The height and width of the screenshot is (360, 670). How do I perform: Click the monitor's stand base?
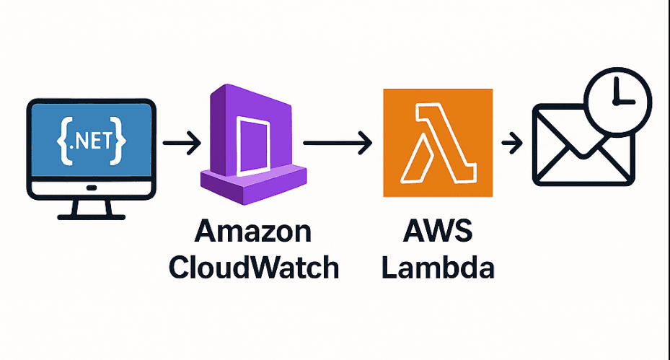(91, 215)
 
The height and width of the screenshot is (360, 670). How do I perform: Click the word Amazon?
(253, 232)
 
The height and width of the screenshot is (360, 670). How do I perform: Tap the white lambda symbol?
(438, 143)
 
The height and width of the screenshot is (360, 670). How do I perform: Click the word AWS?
(438, 232)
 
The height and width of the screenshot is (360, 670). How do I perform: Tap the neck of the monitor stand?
(91, 204)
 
